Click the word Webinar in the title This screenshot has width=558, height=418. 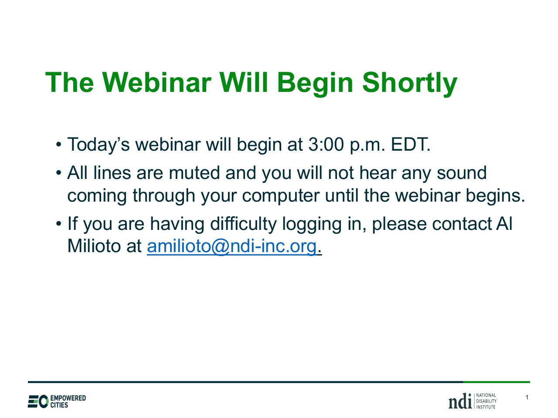157,82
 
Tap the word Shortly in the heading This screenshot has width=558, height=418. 409,84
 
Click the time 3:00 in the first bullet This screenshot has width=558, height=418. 326,145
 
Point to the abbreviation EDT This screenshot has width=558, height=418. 410,145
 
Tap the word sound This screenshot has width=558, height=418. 461,173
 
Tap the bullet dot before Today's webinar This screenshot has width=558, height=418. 59,145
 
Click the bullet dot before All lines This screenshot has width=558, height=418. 59,173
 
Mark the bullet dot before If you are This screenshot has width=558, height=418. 59,224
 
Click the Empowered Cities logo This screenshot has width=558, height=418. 57,401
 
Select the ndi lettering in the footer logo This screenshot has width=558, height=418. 460,401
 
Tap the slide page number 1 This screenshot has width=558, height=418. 527,397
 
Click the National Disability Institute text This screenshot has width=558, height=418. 486,401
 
